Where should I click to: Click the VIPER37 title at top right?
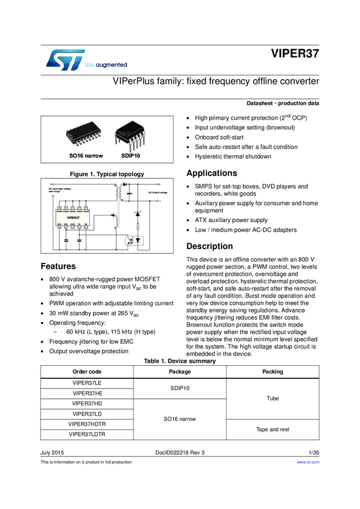click(x=295, y=53)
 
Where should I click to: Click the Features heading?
click(x=58, y=266)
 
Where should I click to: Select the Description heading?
click(x=210, y=246)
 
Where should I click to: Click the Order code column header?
click(x=91, y=372)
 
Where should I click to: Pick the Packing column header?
click(x=273, y=372)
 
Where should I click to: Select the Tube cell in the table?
click(x=273, y=399)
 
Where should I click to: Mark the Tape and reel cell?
click(x=273, y=429)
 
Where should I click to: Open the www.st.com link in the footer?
click(x=308, y=462)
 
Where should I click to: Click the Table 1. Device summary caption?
click(x=180, y=361)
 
